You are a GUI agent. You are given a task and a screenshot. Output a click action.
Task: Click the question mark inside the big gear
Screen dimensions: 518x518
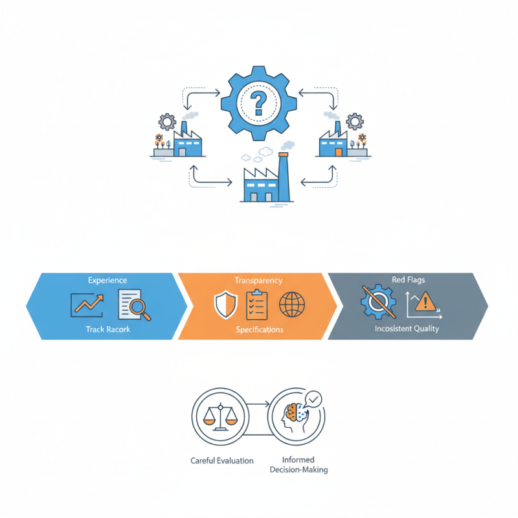(x=258, y=104)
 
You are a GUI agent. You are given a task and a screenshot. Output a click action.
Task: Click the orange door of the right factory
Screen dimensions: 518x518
(x=339, y=152)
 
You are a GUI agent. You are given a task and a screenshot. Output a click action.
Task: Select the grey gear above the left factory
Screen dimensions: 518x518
(x=167, y=122)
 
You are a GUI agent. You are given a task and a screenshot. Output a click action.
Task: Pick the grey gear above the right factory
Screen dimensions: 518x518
(x=355, y=121)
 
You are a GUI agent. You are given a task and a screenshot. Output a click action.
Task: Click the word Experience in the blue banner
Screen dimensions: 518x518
(x=107, y=280)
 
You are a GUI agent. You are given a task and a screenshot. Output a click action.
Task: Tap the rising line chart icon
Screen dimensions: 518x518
(x=87, y=305)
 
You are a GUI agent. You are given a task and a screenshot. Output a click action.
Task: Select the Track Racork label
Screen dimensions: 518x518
(x=108, y=330)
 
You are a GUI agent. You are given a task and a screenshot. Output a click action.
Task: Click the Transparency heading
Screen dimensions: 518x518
(x=258, y=280)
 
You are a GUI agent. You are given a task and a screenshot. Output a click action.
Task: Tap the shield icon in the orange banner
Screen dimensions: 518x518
(x=225, y=304)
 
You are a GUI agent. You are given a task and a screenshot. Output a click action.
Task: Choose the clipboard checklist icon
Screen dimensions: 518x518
(x=256, y=304)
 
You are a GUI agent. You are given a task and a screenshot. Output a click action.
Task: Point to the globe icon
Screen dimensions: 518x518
(x=292, y=304)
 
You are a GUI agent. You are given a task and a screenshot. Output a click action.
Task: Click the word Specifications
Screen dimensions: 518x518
(x=260, y=330)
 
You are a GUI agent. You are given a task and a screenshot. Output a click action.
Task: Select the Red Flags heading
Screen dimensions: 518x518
(x=409, y=280)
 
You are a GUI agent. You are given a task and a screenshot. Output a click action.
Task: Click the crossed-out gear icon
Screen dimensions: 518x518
(x=379, y=302)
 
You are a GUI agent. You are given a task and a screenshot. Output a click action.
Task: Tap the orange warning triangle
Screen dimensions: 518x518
(x=425, y=302)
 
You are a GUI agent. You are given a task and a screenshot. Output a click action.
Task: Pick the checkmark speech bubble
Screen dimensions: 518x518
(x=313, y=400)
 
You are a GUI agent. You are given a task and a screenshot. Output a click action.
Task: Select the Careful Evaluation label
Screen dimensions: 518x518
(x=222, y=460)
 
